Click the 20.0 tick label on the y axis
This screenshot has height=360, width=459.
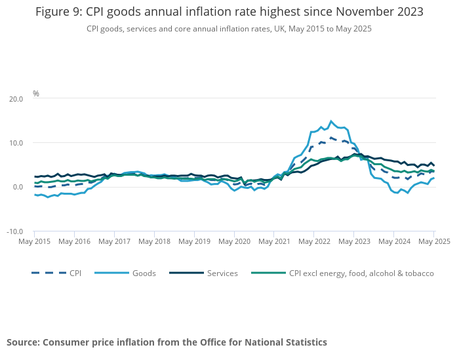pos(15,98)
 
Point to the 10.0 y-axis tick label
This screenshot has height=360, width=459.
pos(15,143)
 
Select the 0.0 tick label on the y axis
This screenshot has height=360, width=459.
pos(17,188)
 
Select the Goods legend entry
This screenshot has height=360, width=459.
pos(143,273)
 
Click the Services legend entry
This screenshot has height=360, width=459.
pos(222,273)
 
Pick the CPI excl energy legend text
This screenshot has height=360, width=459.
pos(361,273)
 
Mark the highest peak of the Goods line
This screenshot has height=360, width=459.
pos(331,121)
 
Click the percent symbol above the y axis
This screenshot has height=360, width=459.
pos(36,94)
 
